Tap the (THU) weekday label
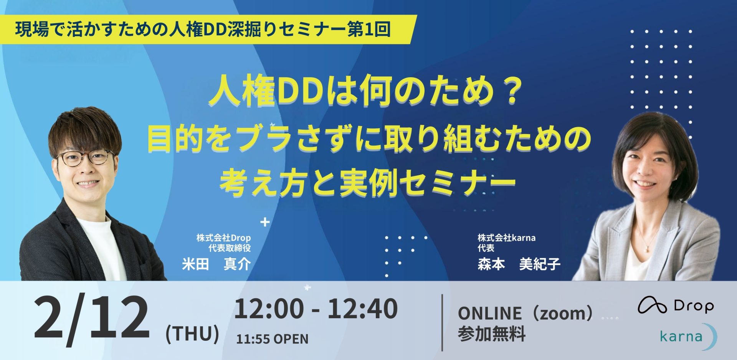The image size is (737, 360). [x=192, y=334]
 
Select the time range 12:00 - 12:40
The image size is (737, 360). [x=316, y=309]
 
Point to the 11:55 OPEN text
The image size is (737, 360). [x=272, y=339]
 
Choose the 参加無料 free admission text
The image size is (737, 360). [x=491, y=334]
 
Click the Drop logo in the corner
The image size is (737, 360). [x=676, y=306]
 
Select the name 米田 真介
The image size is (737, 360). [x=216, y=264]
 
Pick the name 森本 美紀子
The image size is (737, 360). [x=519, y=264]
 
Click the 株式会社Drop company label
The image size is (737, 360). [x=223, y=238]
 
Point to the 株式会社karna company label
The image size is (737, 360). [x=506, y=238]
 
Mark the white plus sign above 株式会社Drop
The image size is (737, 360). [x=265, y=222]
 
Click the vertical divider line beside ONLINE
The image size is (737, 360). [x=442, y=322]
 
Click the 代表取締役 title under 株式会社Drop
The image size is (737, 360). [x=230, y=248]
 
